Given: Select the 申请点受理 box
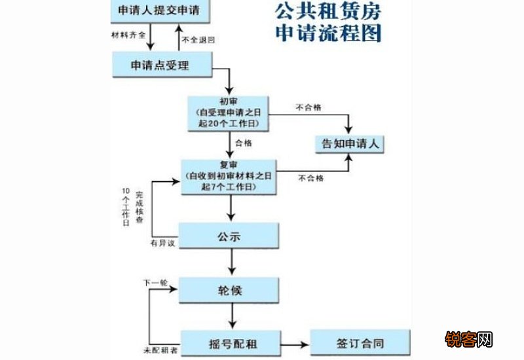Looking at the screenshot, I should click(x=161, y=64).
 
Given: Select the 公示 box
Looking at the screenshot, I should click(x=229, y=236).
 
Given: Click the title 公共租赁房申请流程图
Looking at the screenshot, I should click(x=327, y=21).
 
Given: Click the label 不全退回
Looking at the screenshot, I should click(x=199, y=40).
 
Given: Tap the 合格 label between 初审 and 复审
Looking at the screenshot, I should click(x=246, y=141).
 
